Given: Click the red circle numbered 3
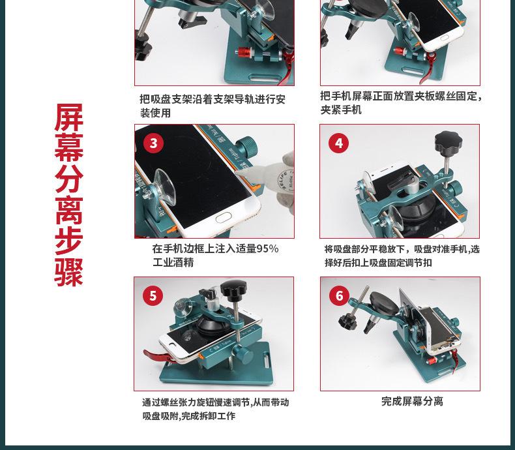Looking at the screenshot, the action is [153, 143].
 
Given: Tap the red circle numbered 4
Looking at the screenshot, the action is [338, 143].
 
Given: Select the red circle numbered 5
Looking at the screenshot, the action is [153, 295].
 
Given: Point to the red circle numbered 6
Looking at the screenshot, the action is [339, 295].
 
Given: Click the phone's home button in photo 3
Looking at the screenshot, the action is [224, 217].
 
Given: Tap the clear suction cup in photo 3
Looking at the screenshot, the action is [165, 187].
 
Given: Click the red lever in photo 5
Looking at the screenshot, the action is [157, 355].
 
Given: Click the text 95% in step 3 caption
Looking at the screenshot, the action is [267, 248].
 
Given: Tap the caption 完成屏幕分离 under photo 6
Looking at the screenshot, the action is [412, 401].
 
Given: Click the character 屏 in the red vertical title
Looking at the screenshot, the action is [69, 117].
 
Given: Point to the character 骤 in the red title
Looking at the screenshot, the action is [69, 272].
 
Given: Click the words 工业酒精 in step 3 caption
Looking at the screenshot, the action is [173, 262].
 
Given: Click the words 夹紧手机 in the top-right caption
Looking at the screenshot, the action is [341, 110].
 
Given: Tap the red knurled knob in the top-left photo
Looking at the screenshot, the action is [243, 52].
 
